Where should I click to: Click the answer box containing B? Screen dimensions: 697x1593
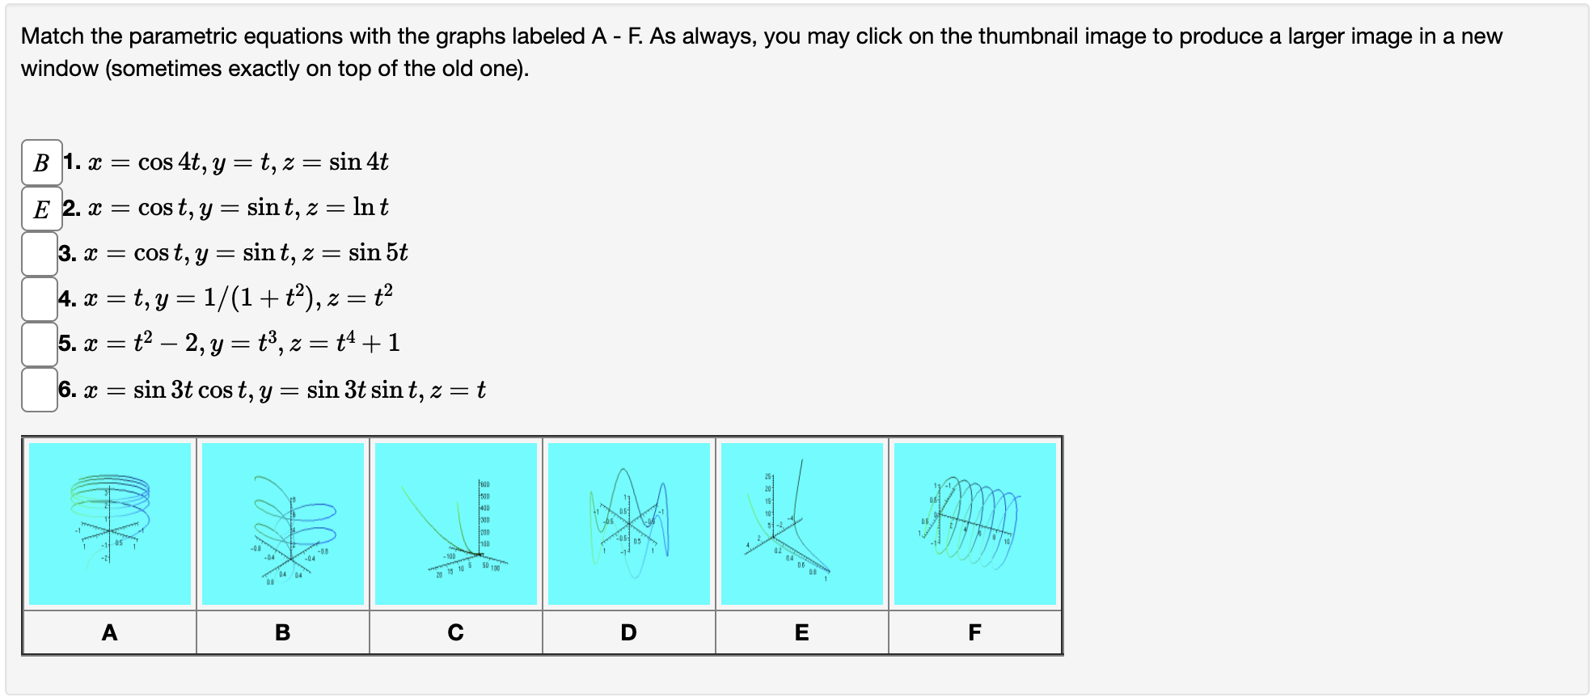tap(41, 163)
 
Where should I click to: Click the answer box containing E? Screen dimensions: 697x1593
tap(41, 209)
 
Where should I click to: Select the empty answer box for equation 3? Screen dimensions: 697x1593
tap(40, 254)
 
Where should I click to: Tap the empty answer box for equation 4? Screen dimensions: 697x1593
tap(40, 299)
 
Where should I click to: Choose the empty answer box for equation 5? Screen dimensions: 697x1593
tap(40, 344)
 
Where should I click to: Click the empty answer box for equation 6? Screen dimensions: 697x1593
tap(40, 390)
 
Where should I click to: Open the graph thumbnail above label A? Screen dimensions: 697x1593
tap(110, 523)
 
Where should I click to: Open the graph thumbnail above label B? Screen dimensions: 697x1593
tap(283, 523)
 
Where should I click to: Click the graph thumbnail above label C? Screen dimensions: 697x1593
tap(456, 523)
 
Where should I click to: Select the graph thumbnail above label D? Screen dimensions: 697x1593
tap(629, 523)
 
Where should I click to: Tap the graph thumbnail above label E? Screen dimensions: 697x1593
tap(802, 523)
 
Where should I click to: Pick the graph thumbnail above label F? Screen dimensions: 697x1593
tap(975, 523)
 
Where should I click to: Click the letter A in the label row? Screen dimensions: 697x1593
tap(110, 632)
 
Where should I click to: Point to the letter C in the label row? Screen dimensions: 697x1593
tap(456, 632)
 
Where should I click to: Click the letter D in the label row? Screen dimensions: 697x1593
tap(629, 632)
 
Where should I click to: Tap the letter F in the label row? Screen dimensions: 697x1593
tap(975, 632)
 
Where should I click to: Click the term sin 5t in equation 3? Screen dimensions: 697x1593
tap(378, 253)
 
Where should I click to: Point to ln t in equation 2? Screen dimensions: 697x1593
tap(370, 208)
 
